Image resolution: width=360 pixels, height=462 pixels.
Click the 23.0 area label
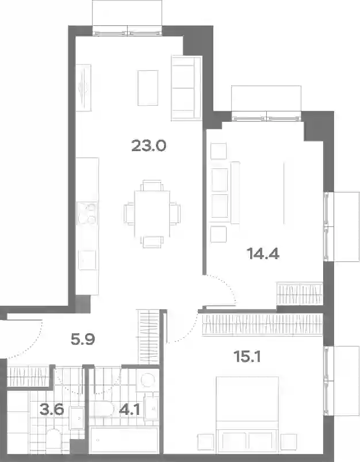149,145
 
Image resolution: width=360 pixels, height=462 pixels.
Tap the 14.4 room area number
263,253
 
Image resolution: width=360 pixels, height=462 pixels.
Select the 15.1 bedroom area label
247,356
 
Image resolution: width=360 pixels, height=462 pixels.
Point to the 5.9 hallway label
83,339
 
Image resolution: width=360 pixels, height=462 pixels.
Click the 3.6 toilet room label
52,409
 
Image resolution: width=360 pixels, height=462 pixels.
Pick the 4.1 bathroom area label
129,410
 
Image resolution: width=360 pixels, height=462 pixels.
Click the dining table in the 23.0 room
152,214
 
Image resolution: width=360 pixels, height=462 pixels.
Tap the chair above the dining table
152,186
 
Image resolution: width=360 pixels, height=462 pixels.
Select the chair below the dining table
152,242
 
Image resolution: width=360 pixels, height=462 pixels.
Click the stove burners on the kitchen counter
87,213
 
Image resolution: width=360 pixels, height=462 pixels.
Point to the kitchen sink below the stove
87,260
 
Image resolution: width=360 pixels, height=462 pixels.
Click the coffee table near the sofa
148,88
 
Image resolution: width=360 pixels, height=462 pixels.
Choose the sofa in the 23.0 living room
186,88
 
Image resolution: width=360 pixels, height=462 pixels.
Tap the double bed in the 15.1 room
247,414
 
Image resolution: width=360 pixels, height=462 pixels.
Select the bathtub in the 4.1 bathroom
124,440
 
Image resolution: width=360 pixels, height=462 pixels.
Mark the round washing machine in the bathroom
148,380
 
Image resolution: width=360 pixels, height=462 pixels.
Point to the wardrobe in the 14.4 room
300,294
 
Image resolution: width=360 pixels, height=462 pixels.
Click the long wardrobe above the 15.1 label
262,325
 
